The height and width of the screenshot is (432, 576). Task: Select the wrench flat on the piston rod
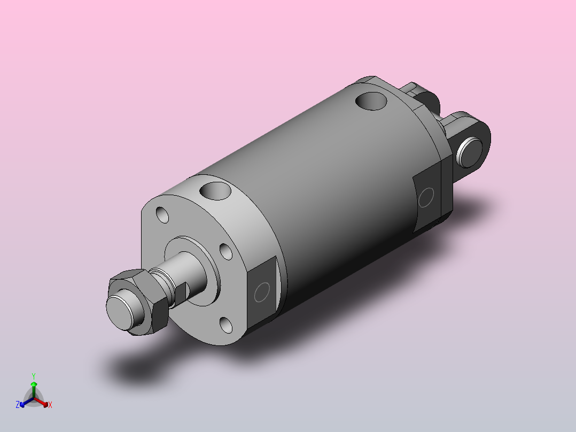click(x=180, y=292)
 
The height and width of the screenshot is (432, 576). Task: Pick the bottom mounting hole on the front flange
click(x=225, y=324)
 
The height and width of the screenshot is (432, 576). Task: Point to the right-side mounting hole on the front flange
click(x=225, y=251)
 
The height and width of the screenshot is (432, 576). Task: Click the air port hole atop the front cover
click(x=215, y=190)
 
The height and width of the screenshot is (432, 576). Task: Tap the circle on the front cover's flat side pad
click(x=262, y=292)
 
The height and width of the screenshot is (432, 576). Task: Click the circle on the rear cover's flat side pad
click(x=426, y=197)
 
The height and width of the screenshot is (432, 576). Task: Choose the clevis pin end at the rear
click(x=470, y=151)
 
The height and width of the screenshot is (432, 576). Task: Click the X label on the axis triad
click(x=50, y=405)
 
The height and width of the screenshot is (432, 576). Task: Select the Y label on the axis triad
click(x=33, y=376)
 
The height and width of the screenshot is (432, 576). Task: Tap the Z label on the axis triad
click(x=18, y=405)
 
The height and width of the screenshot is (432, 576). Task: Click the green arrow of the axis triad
click(x=34, y=386)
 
